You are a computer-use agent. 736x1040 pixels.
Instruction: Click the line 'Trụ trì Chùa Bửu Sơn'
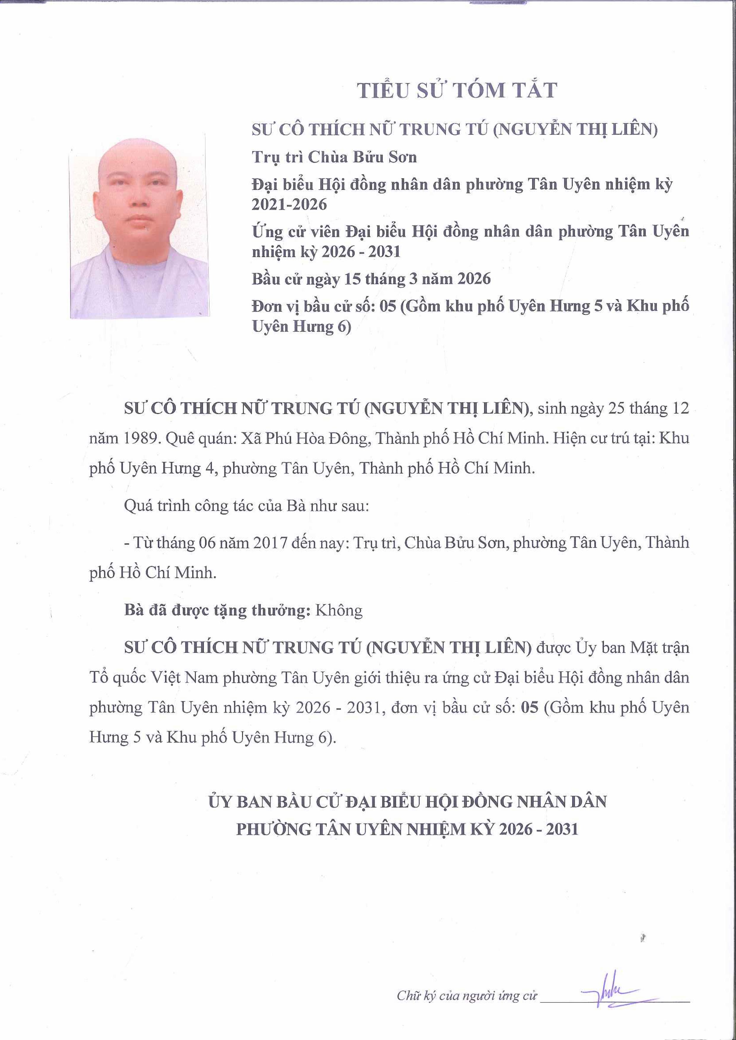334,157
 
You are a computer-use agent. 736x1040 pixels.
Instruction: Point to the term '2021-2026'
289,205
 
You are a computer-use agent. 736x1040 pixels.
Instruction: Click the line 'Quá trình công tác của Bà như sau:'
246,506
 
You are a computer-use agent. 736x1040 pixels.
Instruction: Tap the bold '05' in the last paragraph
530,707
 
